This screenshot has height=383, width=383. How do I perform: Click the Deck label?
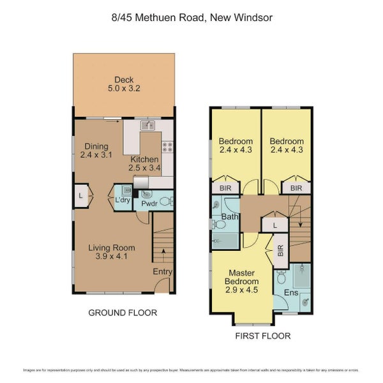click(x=124, y=80)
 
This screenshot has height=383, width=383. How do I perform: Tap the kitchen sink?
click(x=147, y=126)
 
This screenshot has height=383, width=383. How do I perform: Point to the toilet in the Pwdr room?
click(x=165, y=200)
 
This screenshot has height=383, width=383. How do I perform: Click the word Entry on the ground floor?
click(x=163, y=271)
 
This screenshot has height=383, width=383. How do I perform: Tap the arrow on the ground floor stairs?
click(x=164, y=251)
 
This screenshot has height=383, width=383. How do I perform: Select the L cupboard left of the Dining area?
click(x=80, y=195)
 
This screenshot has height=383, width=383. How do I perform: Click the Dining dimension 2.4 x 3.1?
click(x=95, y=154)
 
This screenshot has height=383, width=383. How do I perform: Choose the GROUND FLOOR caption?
click(x=123, y=313)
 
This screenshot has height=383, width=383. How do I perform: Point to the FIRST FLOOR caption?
click(x=262, y=336)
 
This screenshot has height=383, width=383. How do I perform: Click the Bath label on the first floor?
click(x=229, y=218)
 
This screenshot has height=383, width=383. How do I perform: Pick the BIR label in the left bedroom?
click(x=225, y=188)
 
